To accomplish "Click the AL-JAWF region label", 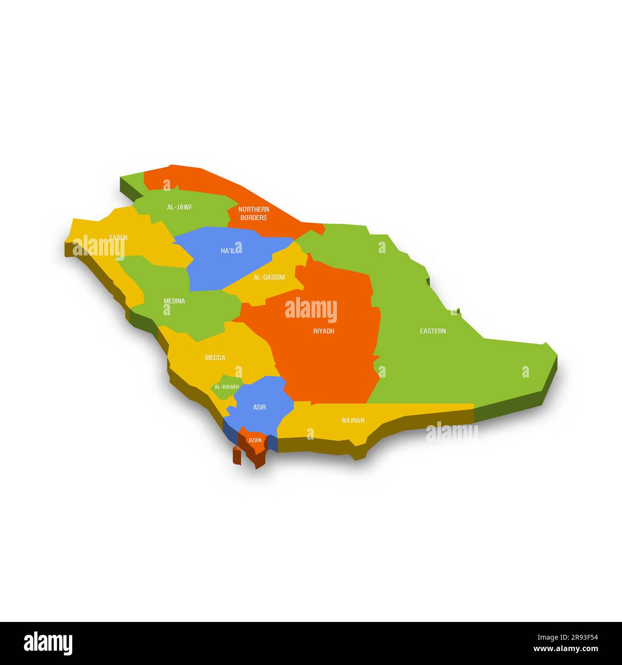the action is click(x=179, y=207).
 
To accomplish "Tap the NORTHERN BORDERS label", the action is click(x=254, y=213).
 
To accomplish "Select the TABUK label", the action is click(x=118, y=238).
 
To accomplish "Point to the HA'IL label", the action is click(x=228, y=251).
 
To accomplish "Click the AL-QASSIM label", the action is click(x=269, y=277).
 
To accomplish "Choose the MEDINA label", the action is click(x=174, y=301).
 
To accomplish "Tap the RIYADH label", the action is click(x=324, y=331).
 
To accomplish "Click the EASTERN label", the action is click(x=433, y=331).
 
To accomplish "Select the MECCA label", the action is click(x=215, y=358).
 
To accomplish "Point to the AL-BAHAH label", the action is click(x=226, y=387).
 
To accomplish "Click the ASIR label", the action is click(x=259, y=407).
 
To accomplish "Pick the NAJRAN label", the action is click(x=353, y=421).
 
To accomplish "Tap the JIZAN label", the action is click(x=255, y=440).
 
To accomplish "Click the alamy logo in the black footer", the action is click(x=48, y=643).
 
